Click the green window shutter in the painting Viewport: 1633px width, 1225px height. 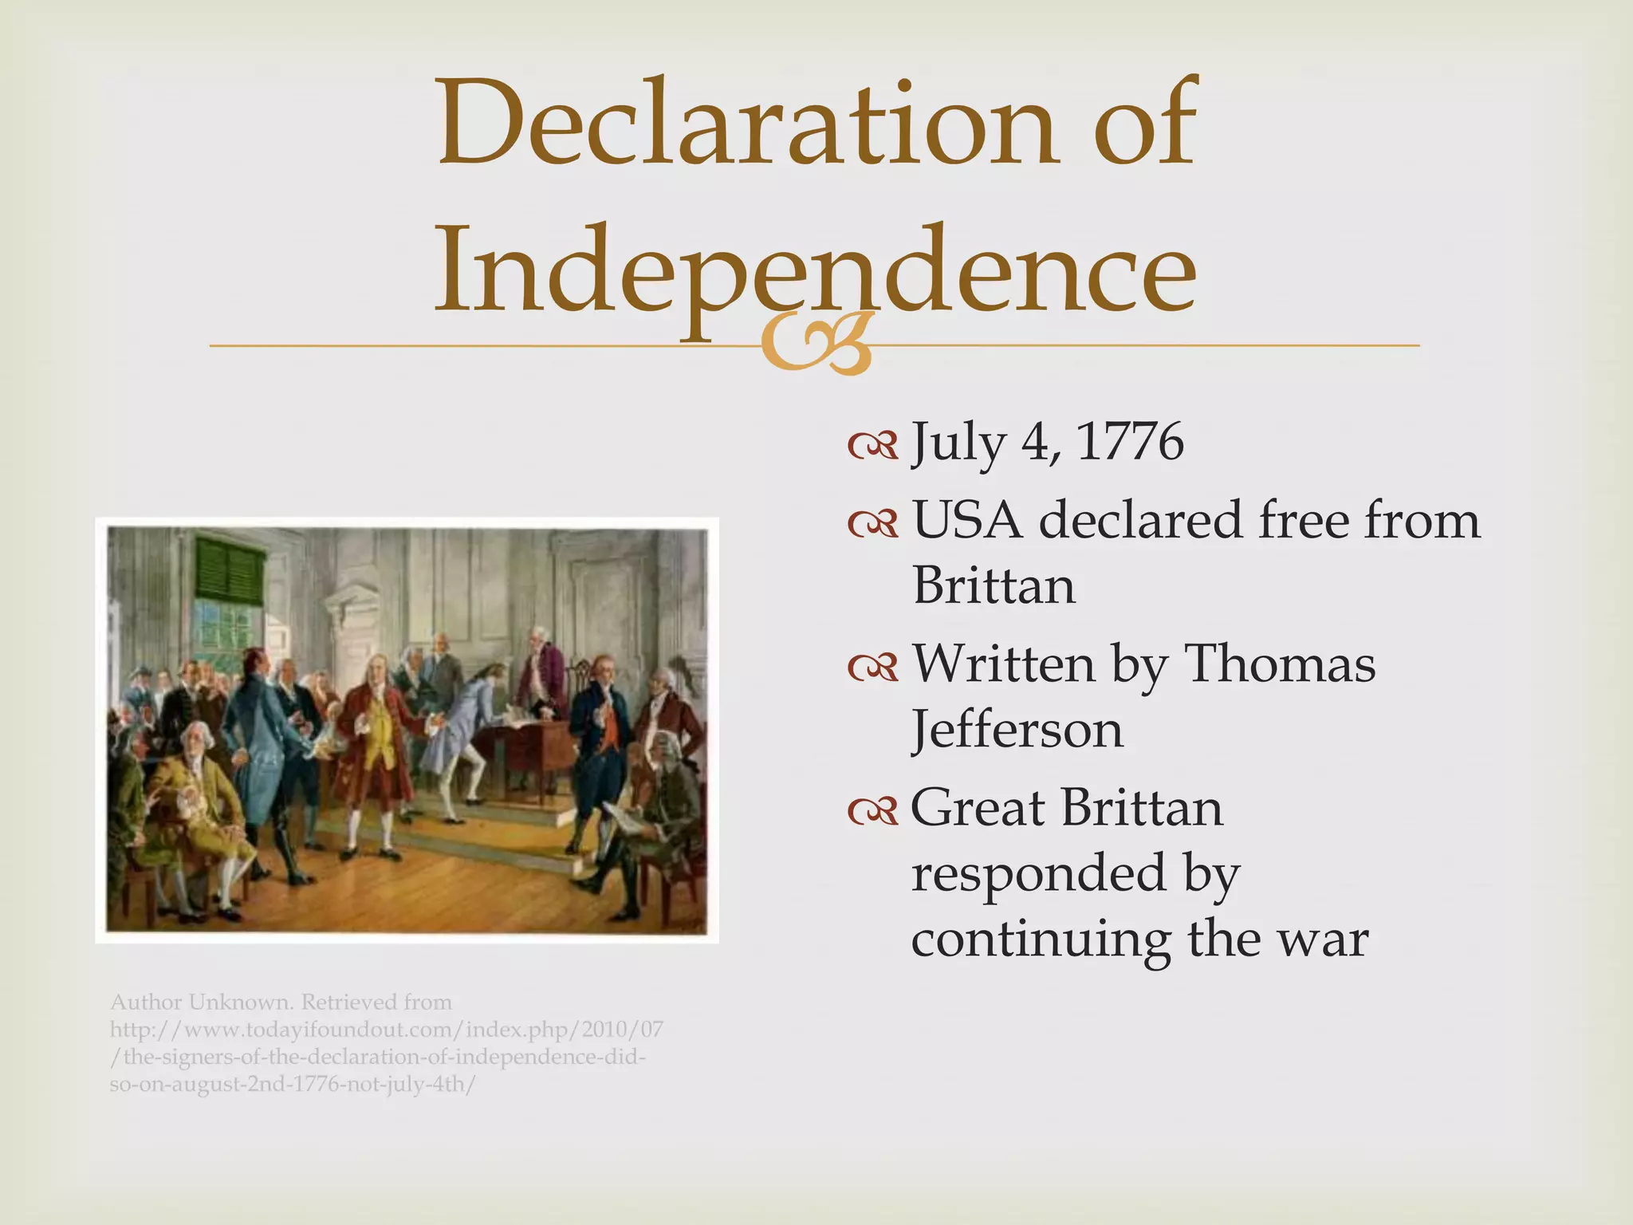tap(230, 569)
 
